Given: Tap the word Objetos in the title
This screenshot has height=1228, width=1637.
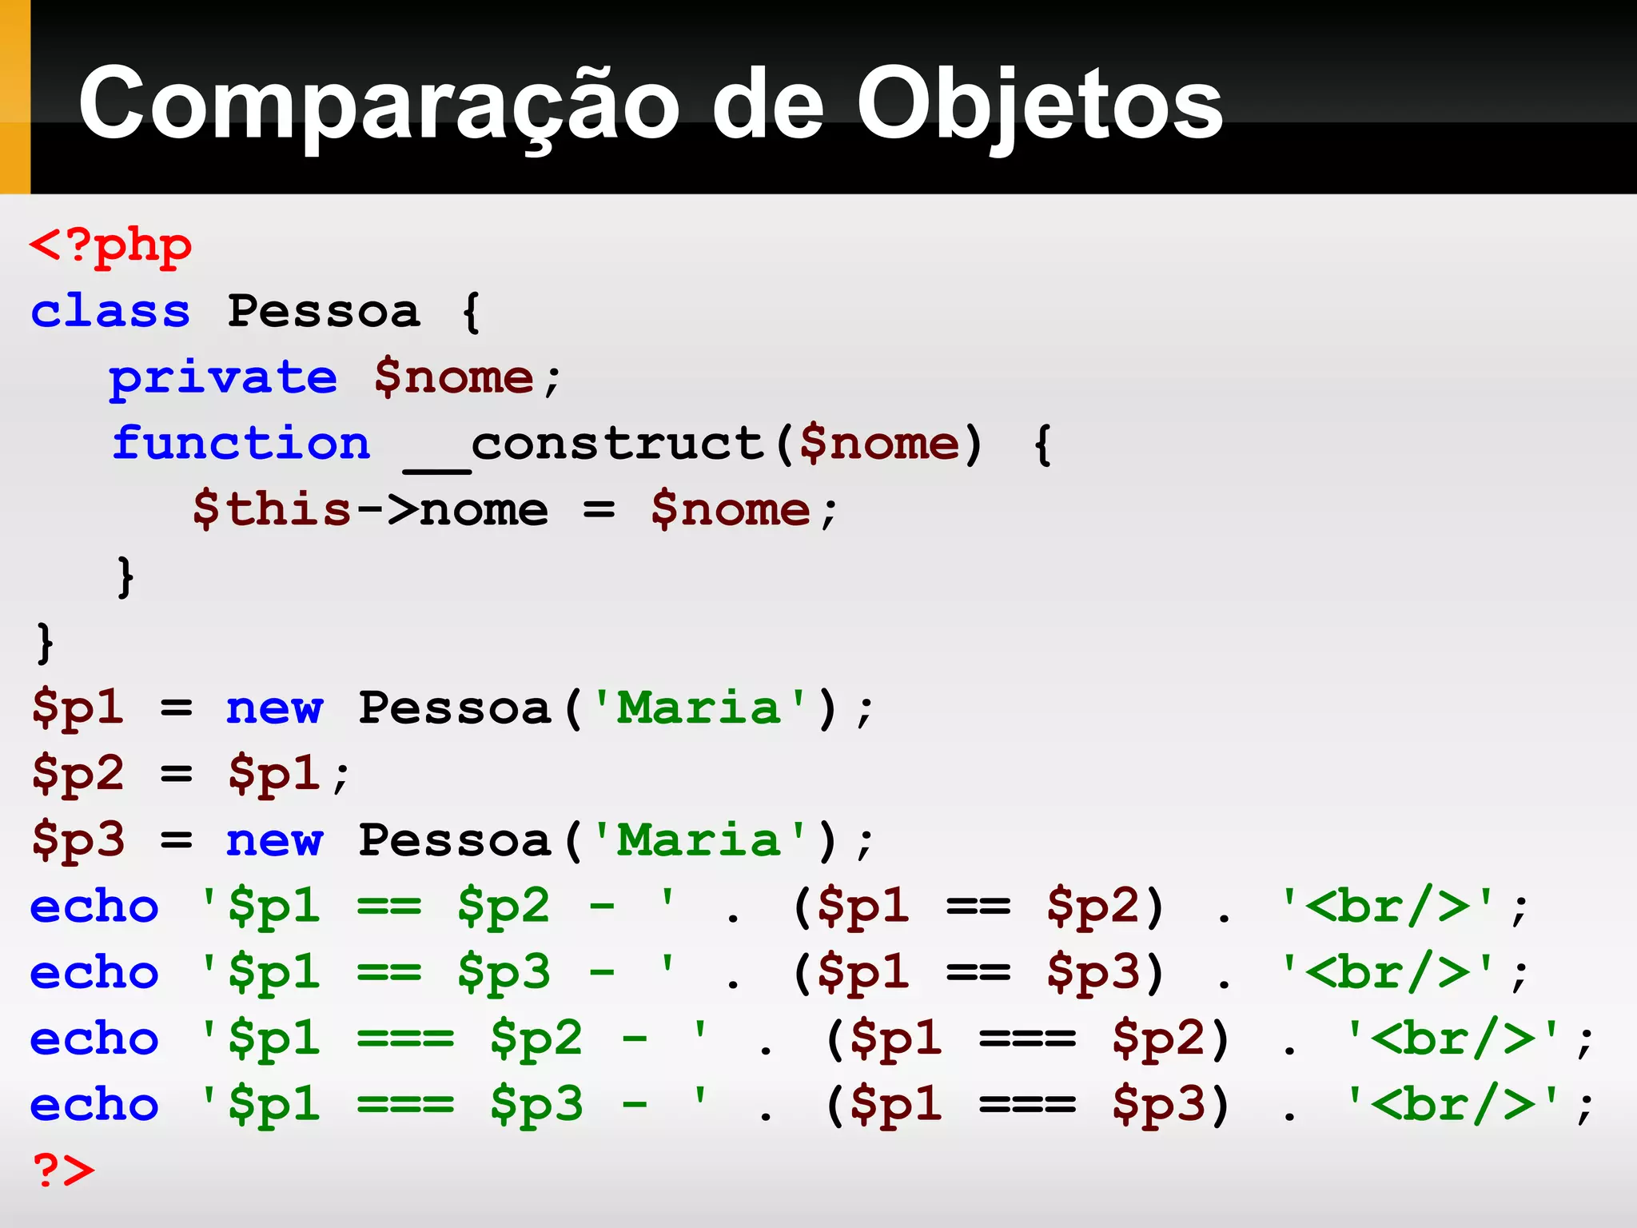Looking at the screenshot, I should pyautogui.click(x=1039, y=104).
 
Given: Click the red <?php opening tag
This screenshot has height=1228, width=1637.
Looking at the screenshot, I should pyautogui.click(x=110, y=246).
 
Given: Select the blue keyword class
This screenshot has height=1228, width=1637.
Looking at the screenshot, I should pyautogui.click(x=110, y=311).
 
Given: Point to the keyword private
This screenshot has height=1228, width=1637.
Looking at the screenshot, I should pyautogui.click(x=223, y=377).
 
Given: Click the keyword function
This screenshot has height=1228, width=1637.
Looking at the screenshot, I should pyautogui.click(x=241, y=444).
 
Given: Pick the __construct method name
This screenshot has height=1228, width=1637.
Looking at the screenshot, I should pyautogui.click(x=584, y=445).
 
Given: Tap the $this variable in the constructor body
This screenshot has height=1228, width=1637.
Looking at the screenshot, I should pyautogui.click(x=272, y=510).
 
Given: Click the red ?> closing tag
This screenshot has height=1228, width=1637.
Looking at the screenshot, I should pyautogui.click(x=63, y=1170).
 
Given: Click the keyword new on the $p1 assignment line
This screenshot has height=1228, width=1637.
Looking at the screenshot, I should pyautogui.click(x=274, y=708).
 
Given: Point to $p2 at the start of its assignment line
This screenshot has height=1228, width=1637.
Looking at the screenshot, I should pyautogui.click(x=78, y=774).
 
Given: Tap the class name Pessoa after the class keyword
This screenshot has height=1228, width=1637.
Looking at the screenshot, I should pyautogui.click(x=323, y=311).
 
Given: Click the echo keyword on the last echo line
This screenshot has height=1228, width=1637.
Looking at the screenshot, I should pyautogui.click(x=94, y=1105).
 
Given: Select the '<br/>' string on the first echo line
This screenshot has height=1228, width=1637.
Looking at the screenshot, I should pyautogui.click(x=1387, y=907).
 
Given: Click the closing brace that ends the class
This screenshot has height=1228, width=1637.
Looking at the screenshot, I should pyautogui.click(x=45, y=643).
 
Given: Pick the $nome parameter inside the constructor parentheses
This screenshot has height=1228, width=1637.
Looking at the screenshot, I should pyautogui.click(x=878, y=444).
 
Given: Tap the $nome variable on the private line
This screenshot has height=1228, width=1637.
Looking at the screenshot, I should pyautogui.click(x=453, y=377).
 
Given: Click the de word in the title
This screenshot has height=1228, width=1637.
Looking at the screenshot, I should pyautogui.click(x=767, y=104).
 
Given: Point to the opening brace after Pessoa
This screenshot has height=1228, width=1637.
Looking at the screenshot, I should pyautogui.click(x=472, y=312).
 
